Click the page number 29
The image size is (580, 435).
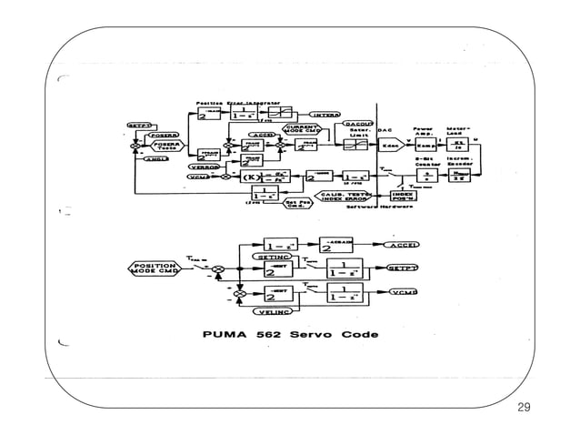pos(522,406)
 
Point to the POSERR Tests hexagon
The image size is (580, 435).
pos(165,147)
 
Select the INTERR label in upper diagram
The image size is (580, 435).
pos(325,115)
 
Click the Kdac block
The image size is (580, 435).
pos(390,146)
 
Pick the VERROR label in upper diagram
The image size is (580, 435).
pos(205,167)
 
